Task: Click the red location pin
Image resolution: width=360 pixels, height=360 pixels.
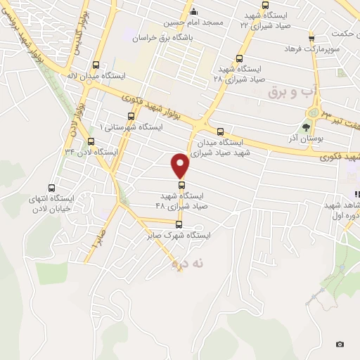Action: [x=181, y=166]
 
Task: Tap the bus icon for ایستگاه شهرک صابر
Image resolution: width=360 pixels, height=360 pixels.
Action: [x=179, y=225]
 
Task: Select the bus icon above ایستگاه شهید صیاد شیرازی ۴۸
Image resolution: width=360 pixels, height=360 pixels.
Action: [x=181, y=184]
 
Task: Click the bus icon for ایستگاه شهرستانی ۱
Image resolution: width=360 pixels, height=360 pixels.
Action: [x=131, y=116]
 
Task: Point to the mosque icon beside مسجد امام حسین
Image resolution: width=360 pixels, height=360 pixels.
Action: [x=194, y=12]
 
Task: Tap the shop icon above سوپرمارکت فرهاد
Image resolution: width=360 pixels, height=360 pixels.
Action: [x=311, y=38]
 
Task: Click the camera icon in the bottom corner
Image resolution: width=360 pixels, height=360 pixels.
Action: [x=340, y=344]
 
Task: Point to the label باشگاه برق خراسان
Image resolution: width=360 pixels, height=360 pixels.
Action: [x=186, y=32]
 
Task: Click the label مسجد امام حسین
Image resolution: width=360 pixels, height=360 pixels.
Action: [x=194, y=22]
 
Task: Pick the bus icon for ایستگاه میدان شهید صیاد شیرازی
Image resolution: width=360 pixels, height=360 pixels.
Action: [x=220, y=131]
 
